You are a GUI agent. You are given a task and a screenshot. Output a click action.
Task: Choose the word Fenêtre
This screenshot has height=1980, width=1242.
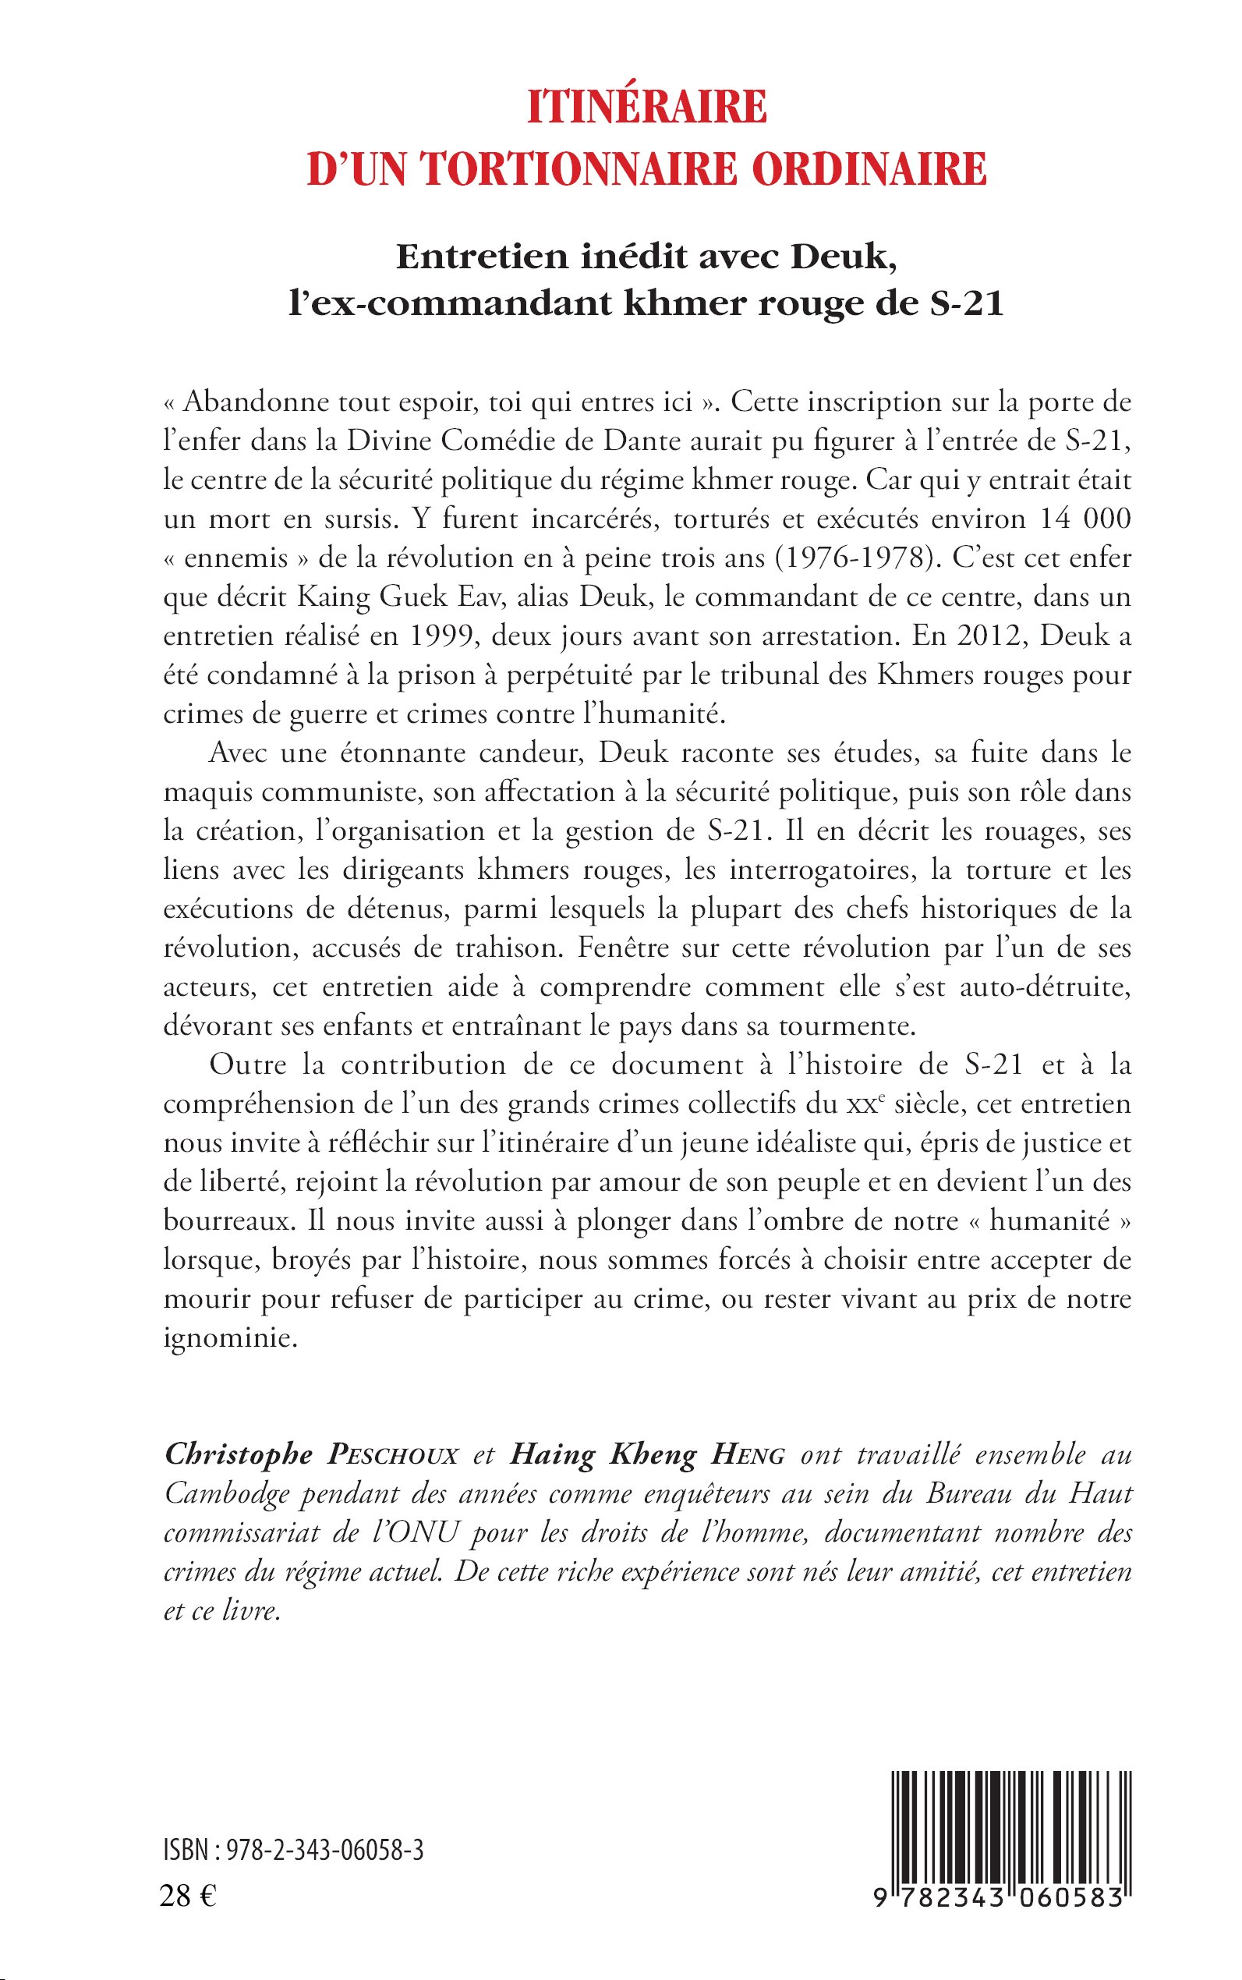point(618,947)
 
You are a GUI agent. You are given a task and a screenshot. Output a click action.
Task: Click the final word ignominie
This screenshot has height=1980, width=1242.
point(230,1337)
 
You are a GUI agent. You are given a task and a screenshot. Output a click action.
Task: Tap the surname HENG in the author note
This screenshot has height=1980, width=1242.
point(748,1455)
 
